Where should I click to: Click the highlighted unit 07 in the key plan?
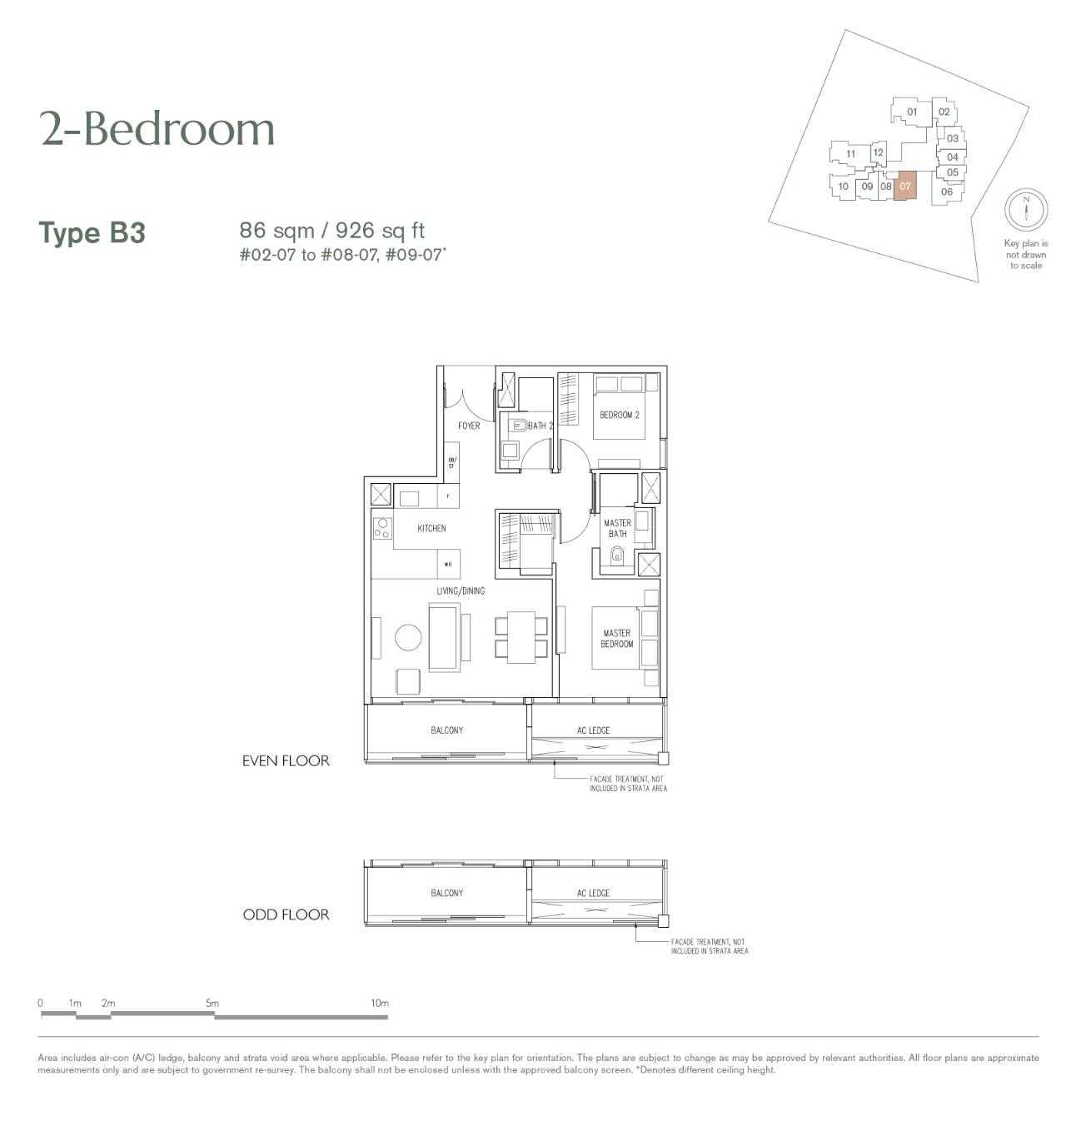click(904, 186)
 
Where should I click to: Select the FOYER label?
click(468, 426)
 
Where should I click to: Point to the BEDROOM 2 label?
click(619, 415)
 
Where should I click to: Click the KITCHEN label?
click(431, 528)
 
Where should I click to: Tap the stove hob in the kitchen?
click(382, 529)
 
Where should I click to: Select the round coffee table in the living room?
click(408, 637)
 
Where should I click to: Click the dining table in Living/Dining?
click(521, 637)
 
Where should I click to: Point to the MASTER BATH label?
click(617, 528)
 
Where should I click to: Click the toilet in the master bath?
click(616, 556)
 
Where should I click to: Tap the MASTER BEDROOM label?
click(616, 638)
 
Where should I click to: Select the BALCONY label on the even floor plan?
click(446, 730)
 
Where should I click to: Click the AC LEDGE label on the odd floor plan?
click(593, 893)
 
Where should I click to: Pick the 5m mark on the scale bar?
click(212, 1003)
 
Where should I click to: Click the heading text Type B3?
click(92, 232)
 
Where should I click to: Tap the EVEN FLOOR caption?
click(286, 760)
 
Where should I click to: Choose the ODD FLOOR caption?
click(286, 914)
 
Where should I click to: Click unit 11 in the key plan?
click(850, 153)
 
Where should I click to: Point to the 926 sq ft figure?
click(380, 231)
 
